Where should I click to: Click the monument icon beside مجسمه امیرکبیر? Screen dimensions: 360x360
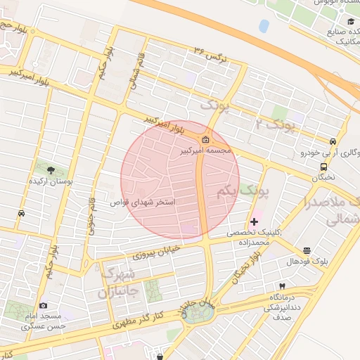[x=206, y=138]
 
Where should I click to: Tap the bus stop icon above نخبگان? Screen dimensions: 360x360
[x=323, y=167]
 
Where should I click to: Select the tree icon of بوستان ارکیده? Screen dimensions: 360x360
[x=50, y=169]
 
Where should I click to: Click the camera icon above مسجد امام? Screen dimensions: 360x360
[x=44, y=306]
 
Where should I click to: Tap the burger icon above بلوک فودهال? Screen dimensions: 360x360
[x=307, y=250]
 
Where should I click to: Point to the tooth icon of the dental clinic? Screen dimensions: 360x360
[x=282, y=286]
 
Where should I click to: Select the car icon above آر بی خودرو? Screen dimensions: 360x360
[x=335, y=140]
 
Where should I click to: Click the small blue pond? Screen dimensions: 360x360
[x=264, y=26]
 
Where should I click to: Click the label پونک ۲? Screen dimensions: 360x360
[x=274, y=125]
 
